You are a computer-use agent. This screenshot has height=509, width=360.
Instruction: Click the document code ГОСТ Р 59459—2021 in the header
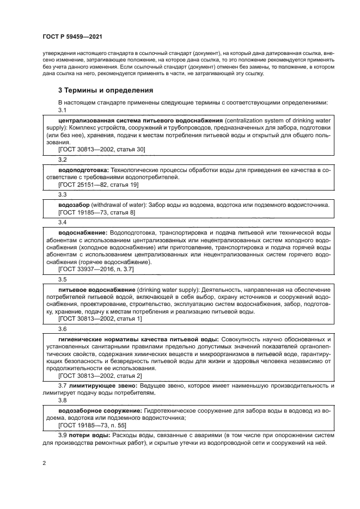pyautogui.click(x=72, y=36)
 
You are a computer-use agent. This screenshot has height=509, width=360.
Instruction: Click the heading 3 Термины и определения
pyautogui.click(x=106, y=90)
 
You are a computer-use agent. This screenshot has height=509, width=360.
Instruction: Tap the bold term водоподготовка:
pyautogui.click(x=83, y=170)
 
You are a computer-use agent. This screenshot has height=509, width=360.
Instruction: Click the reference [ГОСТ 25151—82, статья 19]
pyautogui.click(x=98, y=185)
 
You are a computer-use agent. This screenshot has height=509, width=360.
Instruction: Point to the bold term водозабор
pyautogui.click(x=74, y=205)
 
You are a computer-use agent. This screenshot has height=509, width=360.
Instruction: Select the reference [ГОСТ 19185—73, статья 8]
pyautogui.click(x=96, y=212)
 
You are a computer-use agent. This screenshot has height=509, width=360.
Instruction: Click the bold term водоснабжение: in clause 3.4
pyautogui.click(x=83, y=232)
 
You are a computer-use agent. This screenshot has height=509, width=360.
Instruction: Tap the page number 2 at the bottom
pyautogui.click(x=44, y=463)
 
